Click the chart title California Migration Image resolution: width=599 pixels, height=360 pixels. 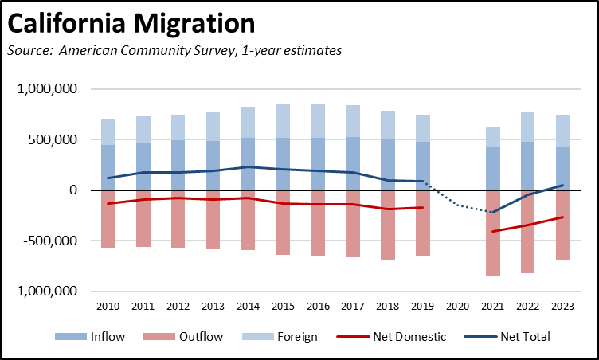[x=131, y=25]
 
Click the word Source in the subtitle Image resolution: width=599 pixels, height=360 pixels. [x=29, y=51]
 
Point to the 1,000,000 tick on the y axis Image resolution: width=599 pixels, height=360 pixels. [x=46, y=89]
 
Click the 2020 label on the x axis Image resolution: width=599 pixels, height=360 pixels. [x=459, y=307]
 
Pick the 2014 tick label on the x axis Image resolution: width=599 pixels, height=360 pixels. [x=249, y=307]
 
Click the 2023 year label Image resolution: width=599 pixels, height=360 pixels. [x=564, y=307]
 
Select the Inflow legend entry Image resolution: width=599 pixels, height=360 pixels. [x=89, y=337]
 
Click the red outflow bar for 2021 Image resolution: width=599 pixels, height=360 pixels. [x=494, y=247]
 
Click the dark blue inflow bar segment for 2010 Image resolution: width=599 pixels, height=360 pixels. [x=108, y=167]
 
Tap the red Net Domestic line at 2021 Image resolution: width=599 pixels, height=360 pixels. [x=494, y=231]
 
